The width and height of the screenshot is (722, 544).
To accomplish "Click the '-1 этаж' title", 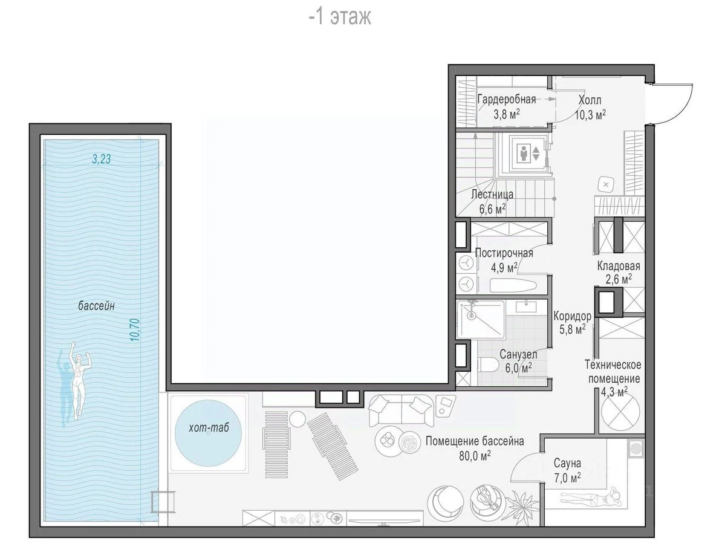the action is tap(340, 17).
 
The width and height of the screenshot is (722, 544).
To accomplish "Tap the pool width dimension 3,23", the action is tap(102, 159).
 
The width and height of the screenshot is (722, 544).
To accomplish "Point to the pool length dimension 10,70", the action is tap(134, 329).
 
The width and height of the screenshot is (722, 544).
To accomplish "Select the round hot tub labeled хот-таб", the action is tap(209, 433).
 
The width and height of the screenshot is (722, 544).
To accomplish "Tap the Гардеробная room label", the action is tap(507, 99).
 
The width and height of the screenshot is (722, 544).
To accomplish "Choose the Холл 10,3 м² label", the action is tap(590, 107).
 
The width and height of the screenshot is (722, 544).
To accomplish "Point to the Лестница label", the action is tap(492, 194).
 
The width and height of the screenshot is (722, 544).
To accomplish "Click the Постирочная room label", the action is tap(504, 253).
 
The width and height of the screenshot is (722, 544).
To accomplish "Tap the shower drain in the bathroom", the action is tap(470, 316).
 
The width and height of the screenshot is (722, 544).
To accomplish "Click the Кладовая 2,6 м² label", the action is tap(619, 273).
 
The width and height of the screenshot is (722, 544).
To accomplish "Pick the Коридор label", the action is tap(572, 316).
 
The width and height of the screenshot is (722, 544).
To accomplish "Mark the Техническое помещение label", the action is tap(613, 372).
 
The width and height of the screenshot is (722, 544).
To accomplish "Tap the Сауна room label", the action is tap(567, 463).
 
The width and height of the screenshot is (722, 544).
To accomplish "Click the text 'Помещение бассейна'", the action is tap(475, 441).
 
